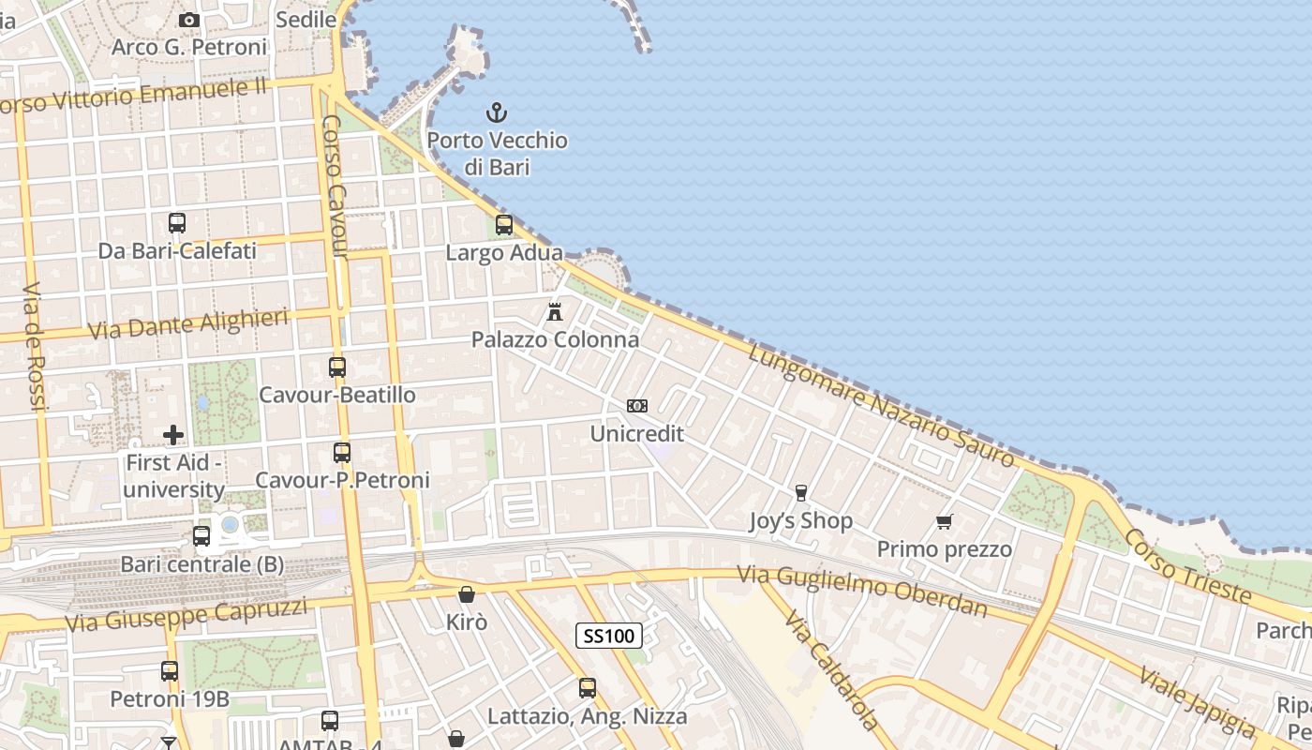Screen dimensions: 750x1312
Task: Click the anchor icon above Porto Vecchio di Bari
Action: (x=496, y=113)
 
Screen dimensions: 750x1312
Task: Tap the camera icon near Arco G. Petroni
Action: (x=189, y=20)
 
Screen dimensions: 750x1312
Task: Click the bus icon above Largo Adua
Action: (x=504, y=225)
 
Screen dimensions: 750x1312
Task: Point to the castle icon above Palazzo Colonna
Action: (x=555, y=311)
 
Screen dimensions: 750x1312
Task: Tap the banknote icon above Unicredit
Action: (x=637, y=406)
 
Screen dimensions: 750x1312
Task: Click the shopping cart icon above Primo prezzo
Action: (x=945, y=521)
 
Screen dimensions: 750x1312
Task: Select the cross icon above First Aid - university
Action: (x=173, y=435)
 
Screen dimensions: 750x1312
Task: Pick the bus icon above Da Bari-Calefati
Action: (x=177, y=223)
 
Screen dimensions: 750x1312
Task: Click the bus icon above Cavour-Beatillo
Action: (x=337, y=367)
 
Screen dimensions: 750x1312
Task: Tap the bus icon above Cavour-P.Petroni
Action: (x=342, y=453)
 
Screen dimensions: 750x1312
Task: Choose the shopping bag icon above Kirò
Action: (x=467, y=594)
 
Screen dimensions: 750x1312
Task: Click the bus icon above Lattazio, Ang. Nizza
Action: (x=588, y=688)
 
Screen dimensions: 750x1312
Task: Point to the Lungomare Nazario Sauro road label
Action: (x=882, y=404)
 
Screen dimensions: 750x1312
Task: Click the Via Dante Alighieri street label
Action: (x=187, y=324)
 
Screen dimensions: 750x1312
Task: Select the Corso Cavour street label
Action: (x=335, y=187)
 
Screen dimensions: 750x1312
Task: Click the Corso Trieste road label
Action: (x=1187, y=565)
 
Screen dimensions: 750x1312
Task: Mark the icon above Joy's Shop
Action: (x=800, y=493)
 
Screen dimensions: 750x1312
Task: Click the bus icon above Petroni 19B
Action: (x=170, y=671)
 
